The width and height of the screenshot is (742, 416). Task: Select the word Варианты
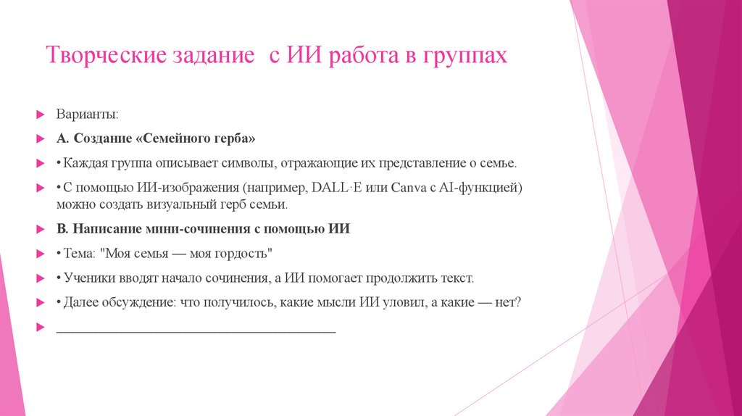84,115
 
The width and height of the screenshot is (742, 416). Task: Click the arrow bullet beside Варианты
41,115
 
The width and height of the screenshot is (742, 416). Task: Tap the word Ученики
90,278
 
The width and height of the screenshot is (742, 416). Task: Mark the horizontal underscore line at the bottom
196,330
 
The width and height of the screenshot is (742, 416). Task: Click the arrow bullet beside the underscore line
41,327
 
